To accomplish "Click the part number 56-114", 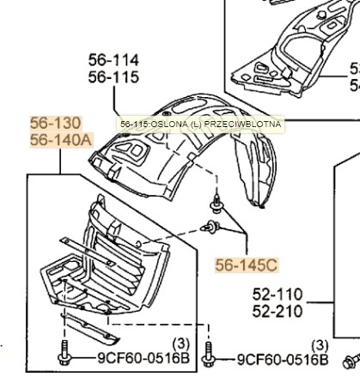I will (x=113, y=60).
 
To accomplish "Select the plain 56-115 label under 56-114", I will (x=113, y=76).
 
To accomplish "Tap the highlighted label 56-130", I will (x=57, y=123).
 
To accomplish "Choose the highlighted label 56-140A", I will (x=60, y=139).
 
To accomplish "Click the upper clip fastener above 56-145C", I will (x=217, y=206).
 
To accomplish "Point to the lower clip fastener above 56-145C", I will (x=211, y=228).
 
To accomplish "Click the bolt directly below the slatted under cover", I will (x=63, y=353).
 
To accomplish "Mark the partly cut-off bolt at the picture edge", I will (x=352, y=359).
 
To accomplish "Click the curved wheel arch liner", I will (x=198, y=159).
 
